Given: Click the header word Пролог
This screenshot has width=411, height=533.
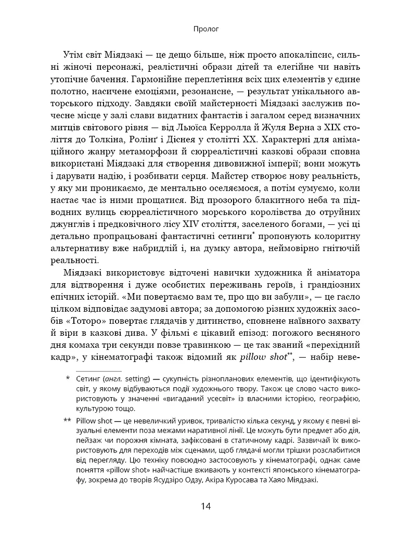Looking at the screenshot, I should click(x=205, y=30).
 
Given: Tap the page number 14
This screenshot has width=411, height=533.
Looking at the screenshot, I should click(x=205, y=505).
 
